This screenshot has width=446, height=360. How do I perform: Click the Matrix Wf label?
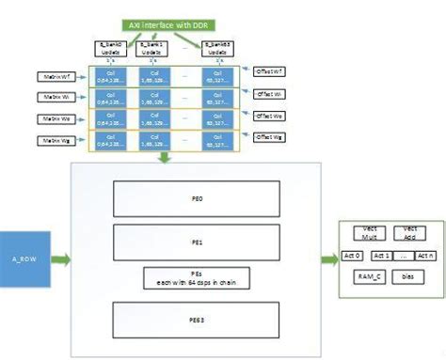(54, 73)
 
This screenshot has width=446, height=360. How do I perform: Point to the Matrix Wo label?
(54, 118)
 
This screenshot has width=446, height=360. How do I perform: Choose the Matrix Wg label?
(54, 141)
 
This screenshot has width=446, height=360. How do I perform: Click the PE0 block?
(197, 198)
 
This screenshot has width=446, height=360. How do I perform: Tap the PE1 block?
(197, 242)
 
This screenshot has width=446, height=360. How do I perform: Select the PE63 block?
(197, 321)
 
